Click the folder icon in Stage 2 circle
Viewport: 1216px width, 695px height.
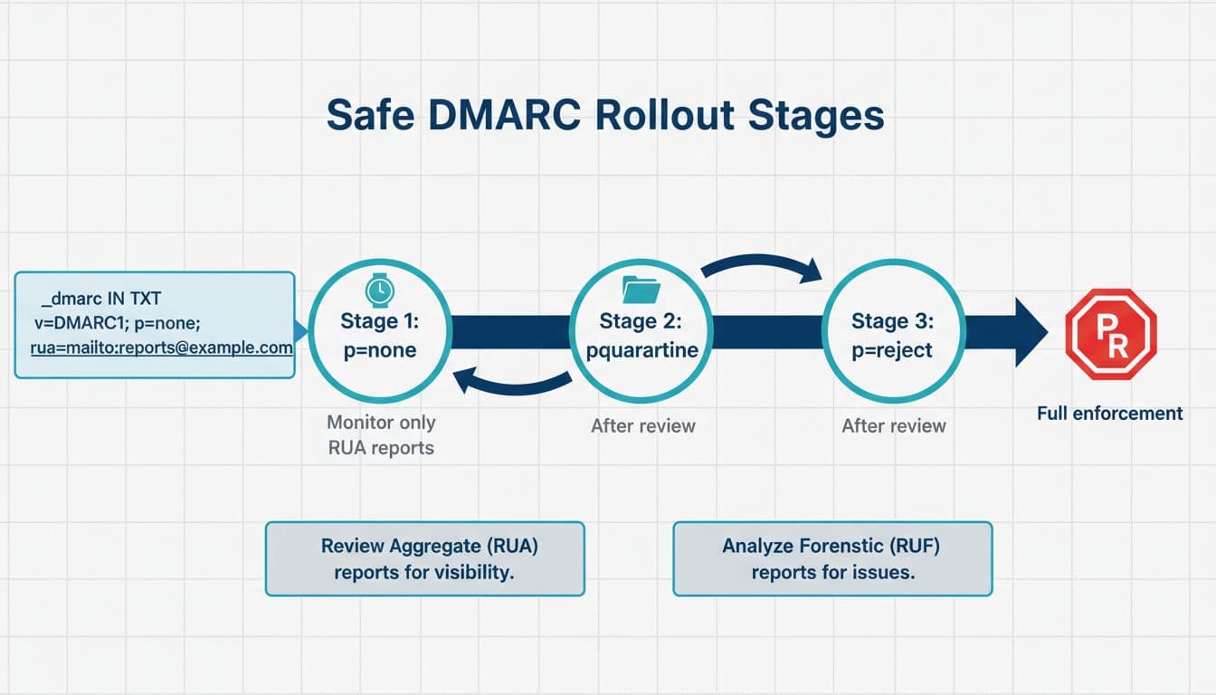tap(641, 290)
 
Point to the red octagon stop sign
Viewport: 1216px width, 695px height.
tap(1110, 334)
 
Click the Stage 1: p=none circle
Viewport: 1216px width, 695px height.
tap(380, 334)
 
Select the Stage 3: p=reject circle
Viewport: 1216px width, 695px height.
tap(893, 334)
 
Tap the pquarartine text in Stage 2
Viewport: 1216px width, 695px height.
tap(642, 349)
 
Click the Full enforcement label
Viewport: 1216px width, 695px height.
tap(1109, 414)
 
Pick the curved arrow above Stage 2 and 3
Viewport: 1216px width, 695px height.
tap(762, 264)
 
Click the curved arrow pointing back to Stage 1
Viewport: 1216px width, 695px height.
tap(511, 381)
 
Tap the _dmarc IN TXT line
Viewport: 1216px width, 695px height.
tap(100, 299)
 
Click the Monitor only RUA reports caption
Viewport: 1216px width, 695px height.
tap(380, 434)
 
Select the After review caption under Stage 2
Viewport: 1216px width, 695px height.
tap(642, 425)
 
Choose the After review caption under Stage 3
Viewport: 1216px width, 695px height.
tap(893, 425)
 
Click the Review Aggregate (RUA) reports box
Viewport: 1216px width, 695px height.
tap(424, 558)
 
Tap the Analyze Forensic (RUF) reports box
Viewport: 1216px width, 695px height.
tap(832, 558)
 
